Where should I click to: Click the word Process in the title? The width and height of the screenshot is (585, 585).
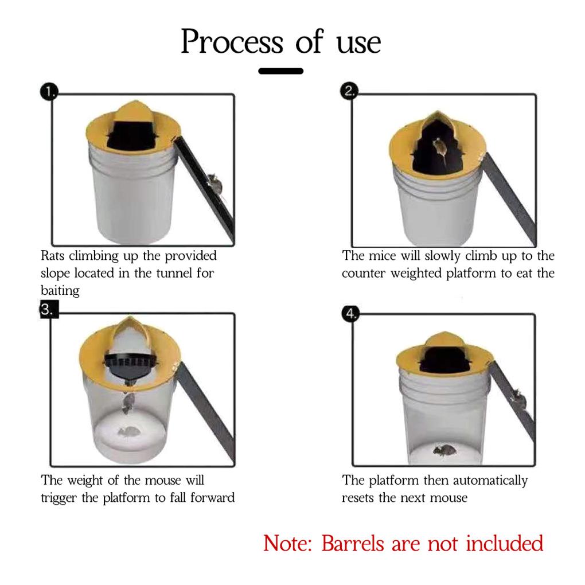[x=232, y=42]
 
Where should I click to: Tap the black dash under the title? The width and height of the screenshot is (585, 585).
[x=280, y=71]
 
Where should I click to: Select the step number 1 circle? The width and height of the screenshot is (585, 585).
[x=49, y=92]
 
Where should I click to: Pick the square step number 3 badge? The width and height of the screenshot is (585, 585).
[x=49, y=309]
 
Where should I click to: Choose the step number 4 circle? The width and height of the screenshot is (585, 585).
[x=350, y=314]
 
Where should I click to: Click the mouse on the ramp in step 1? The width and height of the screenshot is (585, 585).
[x=215, y=184]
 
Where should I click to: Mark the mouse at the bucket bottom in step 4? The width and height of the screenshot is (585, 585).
[x=444, y=451]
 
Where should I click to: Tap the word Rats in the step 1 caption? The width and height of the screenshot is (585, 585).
[x=53, y=256]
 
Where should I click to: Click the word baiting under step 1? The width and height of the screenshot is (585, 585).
[x=60, y=291]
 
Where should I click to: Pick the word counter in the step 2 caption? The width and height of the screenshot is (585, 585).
[x=364, y=274]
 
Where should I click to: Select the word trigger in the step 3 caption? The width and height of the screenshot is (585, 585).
[x=58, y=498]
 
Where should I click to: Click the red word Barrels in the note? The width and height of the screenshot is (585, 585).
[x=353, y=543]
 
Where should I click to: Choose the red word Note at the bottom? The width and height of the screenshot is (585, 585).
[x=287, y=543]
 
